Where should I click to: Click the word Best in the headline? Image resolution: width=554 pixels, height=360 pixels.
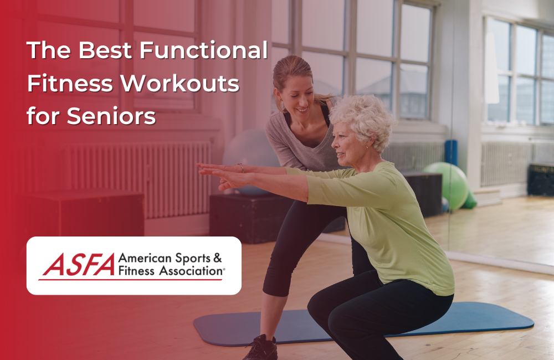point(105,52)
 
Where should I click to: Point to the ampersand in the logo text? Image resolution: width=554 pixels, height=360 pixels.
point(217,258)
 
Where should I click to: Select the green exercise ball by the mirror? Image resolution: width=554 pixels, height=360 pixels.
point(446,182)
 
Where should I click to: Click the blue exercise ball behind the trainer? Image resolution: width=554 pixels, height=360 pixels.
point(244,152)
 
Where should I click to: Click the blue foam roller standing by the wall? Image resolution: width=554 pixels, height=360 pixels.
point(452,152)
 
